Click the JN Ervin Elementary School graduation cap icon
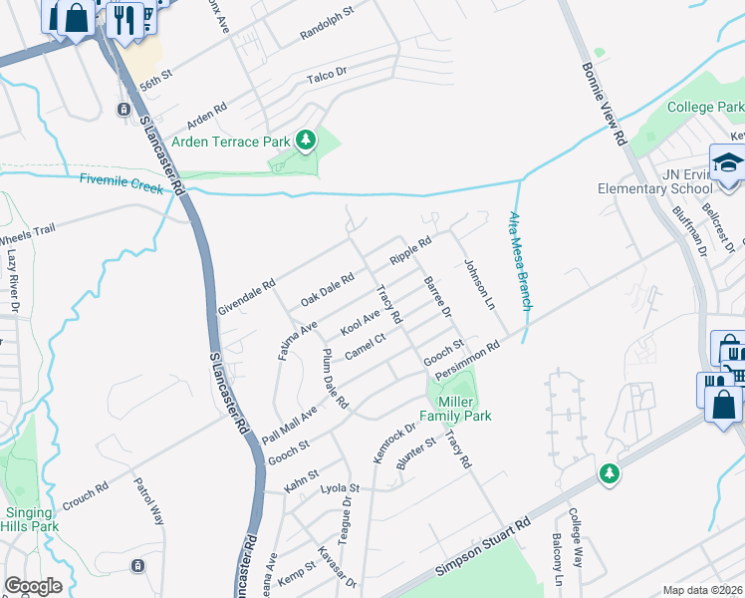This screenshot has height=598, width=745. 727,162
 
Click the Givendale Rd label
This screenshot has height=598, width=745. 245,298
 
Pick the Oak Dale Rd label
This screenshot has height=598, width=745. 328,291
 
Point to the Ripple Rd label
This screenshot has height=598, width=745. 410,249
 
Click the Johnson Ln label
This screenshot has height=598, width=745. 479,285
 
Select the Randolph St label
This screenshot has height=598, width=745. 327,27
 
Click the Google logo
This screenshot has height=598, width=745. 33,586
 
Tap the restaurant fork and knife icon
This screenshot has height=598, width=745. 124,18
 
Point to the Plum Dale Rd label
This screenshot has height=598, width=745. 334,380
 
